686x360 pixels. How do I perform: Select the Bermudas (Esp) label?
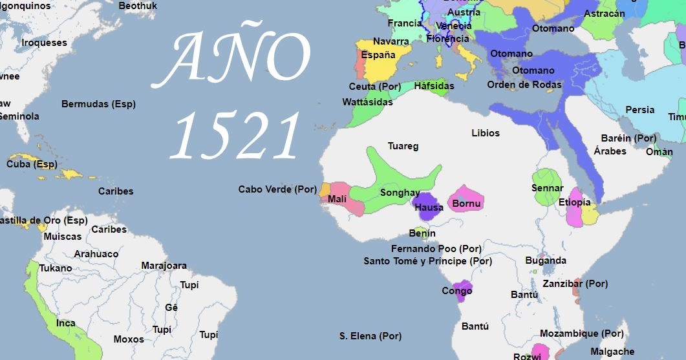pyautogui.click(x=98, y=104)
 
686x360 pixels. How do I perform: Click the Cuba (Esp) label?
pyautogui.click(x=32, y=164)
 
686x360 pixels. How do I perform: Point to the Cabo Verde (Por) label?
pyautogui.click(x=277, y=189)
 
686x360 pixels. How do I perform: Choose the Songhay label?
pyautogui.click(x=400, y=193)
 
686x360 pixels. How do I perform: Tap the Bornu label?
pyautogui.click(x=466, y=204)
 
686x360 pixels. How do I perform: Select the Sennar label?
pyautogui.click(x=547, y=187)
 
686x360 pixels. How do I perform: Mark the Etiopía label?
pyautogui.click(x=574, y=202)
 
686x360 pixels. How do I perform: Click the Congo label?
pyautogui.click(x=456, y=291)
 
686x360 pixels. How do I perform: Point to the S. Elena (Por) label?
pyautogui.click(x=370, y=336)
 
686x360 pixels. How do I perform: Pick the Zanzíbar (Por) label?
pyautogui.click(x=575, y=283)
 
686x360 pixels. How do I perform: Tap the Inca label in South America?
pyautogui.click(x=65, y=323)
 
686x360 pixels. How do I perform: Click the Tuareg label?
pyautogui.click(x=403, y=146)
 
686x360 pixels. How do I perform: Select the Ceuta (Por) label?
pyautogui.click(x=374, y=87)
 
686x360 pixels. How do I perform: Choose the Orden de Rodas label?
pyautogui.click(x=524, y=85)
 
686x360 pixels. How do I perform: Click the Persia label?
pyautogui.click(x=639, y=110)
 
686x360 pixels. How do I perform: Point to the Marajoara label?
pyautogui.click(x=164, y=266)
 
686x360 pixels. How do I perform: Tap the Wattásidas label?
pyautogui.click(x=367, y=102)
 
